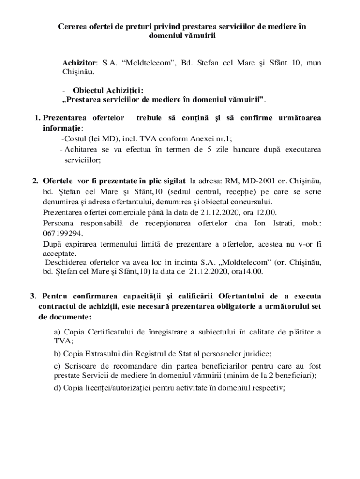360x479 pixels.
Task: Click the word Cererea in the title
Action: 73,27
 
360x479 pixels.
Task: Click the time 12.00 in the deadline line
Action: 267,211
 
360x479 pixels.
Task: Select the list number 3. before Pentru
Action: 33,296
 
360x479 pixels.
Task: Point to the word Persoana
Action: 58,223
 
